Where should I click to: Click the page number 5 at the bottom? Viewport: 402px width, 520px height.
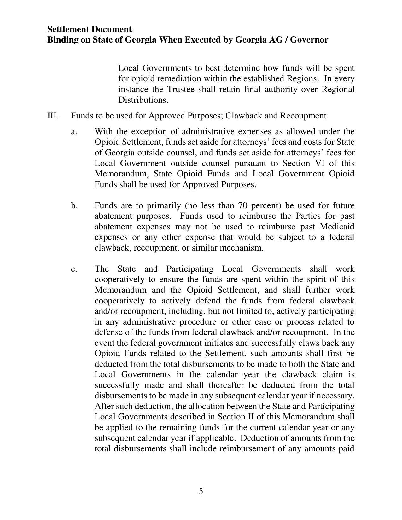[x=201, y=491]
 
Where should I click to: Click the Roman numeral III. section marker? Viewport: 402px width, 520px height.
[x=53, y=116]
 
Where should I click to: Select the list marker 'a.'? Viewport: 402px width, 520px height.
[x=74, y=131]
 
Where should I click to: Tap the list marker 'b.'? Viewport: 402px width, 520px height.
[x=74, y=205]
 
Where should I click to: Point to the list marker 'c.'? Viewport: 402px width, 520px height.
[x=74, y=269]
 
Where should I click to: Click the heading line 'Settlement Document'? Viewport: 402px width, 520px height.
[x=90, y=29]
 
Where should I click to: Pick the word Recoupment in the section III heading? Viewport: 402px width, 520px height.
[x=303, y=116]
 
